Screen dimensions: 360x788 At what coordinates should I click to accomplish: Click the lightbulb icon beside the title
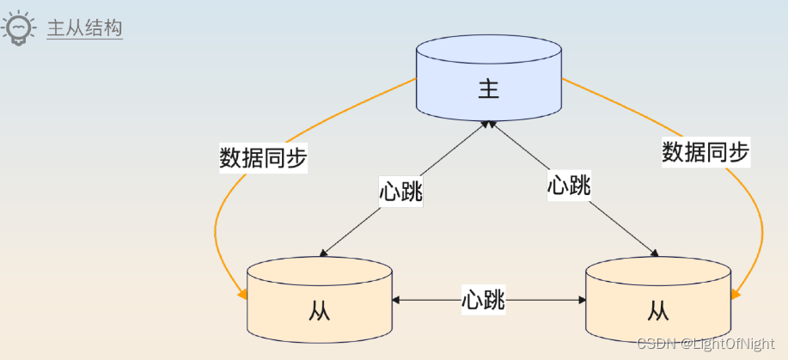19,28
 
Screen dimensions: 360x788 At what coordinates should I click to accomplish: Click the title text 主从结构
84,29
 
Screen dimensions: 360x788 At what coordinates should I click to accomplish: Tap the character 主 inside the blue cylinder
488,89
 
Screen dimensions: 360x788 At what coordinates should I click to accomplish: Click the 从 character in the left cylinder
319,311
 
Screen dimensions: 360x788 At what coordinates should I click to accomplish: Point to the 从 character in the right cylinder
658,309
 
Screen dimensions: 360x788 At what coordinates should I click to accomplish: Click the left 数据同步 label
263,158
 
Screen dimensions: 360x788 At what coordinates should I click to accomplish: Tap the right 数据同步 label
706,152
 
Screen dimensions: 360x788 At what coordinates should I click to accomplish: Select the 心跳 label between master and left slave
400,190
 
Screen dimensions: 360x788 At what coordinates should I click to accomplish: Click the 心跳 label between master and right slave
569,184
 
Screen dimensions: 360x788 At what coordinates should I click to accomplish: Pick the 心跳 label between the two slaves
483,300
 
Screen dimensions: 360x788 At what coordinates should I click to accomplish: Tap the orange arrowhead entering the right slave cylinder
735,295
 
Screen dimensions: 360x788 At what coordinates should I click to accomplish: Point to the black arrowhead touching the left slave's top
324,253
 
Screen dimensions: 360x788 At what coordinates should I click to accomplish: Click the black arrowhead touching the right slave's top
654,253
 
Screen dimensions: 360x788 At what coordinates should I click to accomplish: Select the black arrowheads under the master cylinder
488,125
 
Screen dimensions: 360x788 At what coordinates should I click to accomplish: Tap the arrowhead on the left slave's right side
396,300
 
